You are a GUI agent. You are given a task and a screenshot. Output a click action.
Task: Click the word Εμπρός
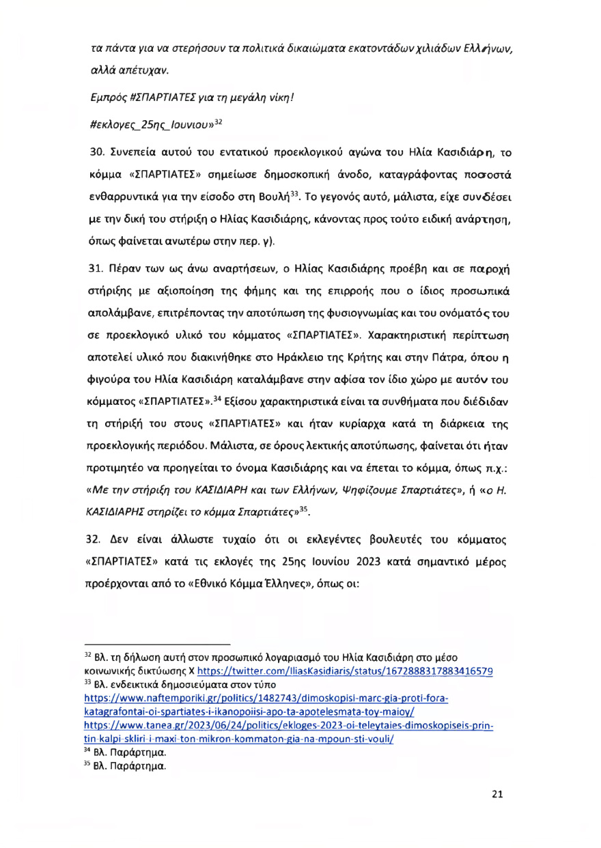pos(109,107)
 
